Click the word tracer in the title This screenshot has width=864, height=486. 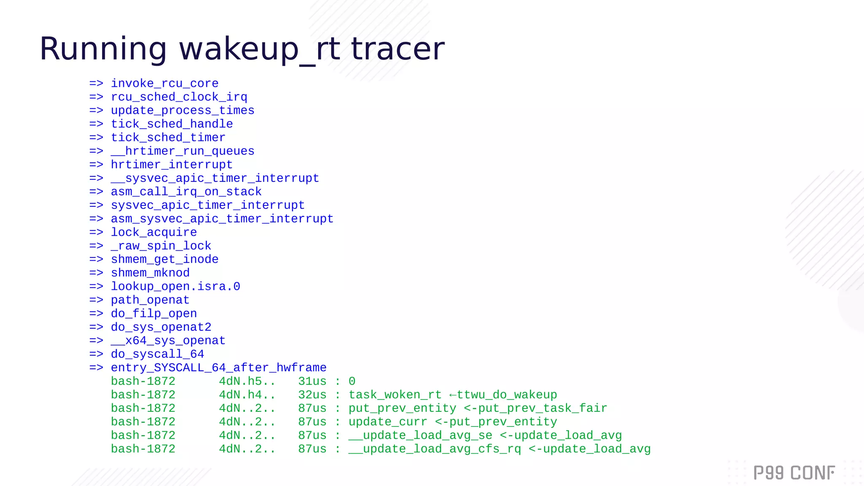point(397,49)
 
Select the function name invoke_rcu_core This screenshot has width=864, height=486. point(165,84)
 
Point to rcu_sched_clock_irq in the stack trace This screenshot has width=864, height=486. point(179,97)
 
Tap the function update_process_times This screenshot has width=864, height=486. point(182,111)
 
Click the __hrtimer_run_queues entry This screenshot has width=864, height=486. point(182,151)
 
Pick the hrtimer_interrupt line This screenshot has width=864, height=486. point(171,165)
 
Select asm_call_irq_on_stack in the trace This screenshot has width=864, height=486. point(186,192)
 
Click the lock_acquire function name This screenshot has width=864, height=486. point(154,232)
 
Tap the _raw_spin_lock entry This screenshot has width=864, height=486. point(161,246)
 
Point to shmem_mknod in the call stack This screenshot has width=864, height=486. point(150,273)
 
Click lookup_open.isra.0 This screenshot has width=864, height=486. point(175,286)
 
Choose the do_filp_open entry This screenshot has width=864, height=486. point(154,313)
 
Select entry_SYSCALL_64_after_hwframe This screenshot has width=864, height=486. point(219,367)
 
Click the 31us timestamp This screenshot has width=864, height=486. point(312,381)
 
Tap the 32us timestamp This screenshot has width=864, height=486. point(312,395)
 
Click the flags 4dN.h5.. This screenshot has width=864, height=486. point(247,381)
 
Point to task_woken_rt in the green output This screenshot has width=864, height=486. point(395,395)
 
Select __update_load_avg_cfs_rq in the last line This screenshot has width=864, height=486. point(435,449)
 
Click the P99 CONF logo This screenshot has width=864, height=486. point(794,473)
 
